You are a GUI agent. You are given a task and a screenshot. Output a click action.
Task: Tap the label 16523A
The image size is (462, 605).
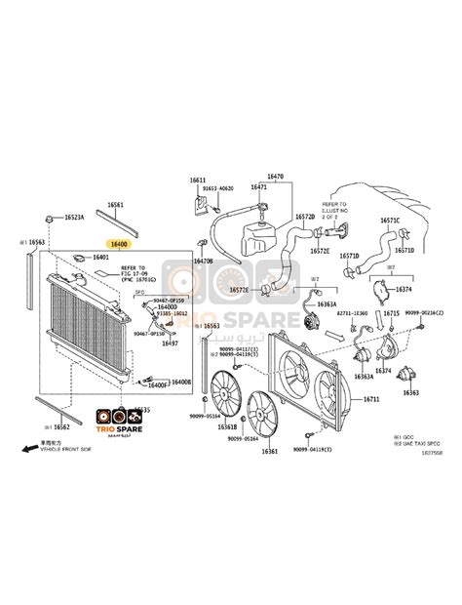[74, 218]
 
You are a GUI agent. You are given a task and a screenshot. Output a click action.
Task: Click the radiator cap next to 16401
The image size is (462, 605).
[76, 259]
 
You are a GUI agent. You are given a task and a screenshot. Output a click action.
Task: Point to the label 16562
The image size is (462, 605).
[60, 427]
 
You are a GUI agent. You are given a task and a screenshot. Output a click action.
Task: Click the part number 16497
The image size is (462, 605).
[170, 343]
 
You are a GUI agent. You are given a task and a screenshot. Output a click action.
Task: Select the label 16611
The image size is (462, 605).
[198, 181]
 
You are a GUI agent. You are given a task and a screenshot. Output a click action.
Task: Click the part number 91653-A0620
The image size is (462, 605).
[218, 188]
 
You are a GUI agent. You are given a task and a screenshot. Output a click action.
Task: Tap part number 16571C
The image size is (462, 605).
[391, 221]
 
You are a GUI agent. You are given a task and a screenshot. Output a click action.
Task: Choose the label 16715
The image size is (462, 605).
[391, 313]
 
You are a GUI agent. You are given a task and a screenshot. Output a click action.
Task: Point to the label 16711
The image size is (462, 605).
[370, 400]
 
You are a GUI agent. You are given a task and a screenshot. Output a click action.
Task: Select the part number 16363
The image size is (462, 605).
[410, 392]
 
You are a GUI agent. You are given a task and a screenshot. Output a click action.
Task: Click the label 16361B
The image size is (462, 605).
[227, 426]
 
